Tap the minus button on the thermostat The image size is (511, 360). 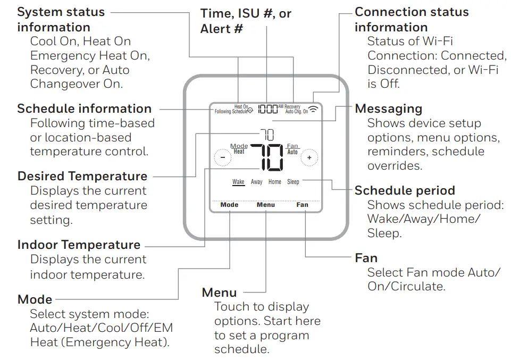(x=223, y=157)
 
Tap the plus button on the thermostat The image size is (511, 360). (x=309, y=157)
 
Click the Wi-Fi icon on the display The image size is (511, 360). (x=314, y=110)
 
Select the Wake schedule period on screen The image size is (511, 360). (x=238, y=182)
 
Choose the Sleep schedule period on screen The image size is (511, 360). (x=293, y=182)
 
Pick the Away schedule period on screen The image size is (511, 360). (x=257, y=182)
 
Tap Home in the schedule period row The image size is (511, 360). (x=275, y=182)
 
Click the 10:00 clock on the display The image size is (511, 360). (x=267, y=110)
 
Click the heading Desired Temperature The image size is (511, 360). (x=82, y=176)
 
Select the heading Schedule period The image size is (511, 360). (x=405, y=190)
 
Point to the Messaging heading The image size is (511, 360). (x=388, y=108)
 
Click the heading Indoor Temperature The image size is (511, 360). (x=79, y=245)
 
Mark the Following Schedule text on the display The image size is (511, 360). (x=231, y=112)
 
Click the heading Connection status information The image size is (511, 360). (x=412, y=19)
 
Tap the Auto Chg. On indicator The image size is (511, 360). (x=296, y=112)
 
